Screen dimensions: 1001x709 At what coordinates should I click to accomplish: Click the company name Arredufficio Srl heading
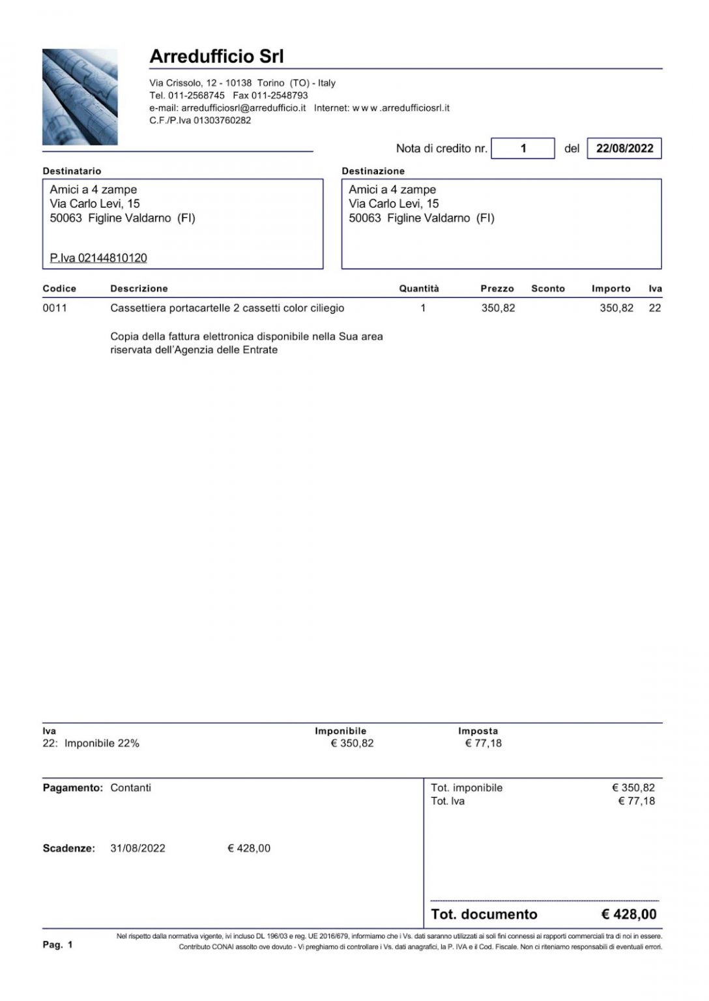216,57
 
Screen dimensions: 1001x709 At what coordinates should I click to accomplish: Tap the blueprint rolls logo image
80,97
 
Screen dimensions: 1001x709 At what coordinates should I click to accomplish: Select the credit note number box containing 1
523,149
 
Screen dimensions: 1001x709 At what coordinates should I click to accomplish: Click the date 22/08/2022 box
624,149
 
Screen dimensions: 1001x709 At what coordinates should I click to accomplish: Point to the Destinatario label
72,171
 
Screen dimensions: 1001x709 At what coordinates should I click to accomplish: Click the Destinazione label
373,171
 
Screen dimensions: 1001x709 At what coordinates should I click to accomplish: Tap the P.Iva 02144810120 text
98,258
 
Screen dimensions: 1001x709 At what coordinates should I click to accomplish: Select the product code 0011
55,308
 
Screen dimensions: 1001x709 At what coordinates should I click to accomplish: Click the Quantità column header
419,289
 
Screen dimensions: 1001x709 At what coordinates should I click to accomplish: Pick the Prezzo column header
497,289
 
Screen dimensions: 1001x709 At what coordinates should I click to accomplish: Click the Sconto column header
548,289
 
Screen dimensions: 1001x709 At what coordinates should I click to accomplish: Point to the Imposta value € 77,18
484,744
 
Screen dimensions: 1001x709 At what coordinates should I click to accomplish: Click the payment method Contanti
131,788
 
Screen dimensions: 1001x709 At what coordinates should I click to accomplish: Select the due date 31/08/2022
137,849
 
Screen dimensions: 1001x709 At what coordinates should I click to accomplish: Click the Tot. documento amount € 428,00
629,914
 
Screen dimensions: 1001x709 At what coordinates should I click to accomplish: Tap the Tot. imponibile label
467,788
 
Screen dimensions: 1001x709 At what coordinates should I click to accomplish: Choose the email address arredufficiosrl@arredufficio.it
244,108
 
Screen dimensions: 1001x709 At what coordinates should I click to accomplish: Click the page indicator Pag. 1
58,945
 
